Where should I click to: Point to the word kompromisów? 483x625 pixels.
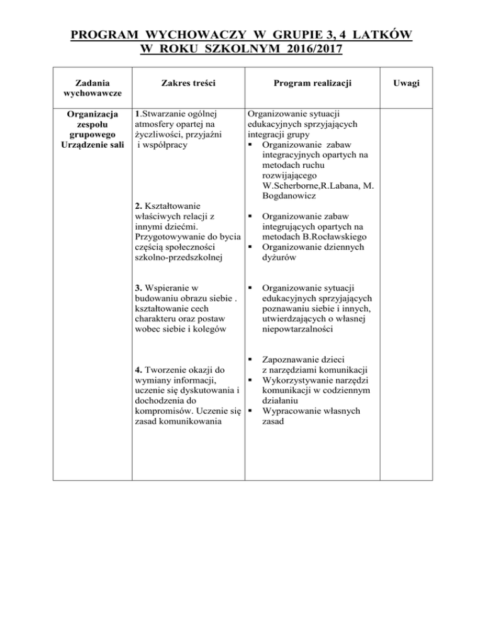pyautogui.click(x=164, y=411)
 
